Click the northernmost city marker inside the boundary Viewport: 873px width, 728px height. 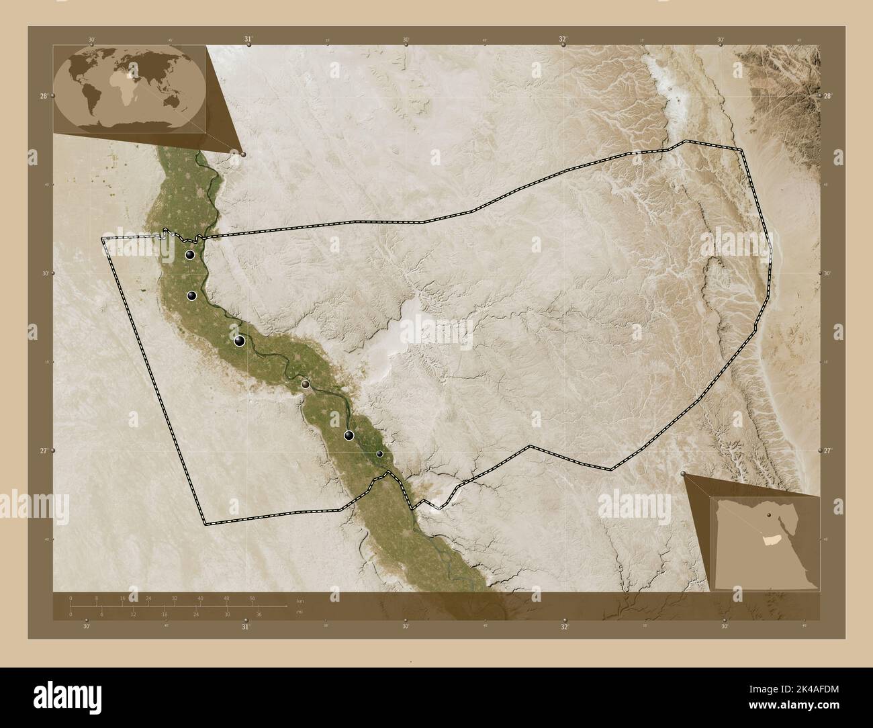tap(191, 255)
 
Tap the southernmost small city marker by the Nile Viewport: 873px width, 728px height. tap(379, 454)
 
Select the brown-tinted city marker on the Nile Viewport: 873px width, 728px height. tap(306, 384)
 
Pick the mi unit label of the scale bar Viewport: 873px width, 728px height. tap(291, 611)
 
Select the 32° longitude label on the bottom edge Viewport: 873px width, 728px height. tap(565, 627)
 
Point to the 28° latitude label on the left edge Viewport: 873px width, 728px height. tap(44, 97)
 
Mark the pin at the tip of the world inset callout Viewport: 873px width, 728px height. tap(242, 154)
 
